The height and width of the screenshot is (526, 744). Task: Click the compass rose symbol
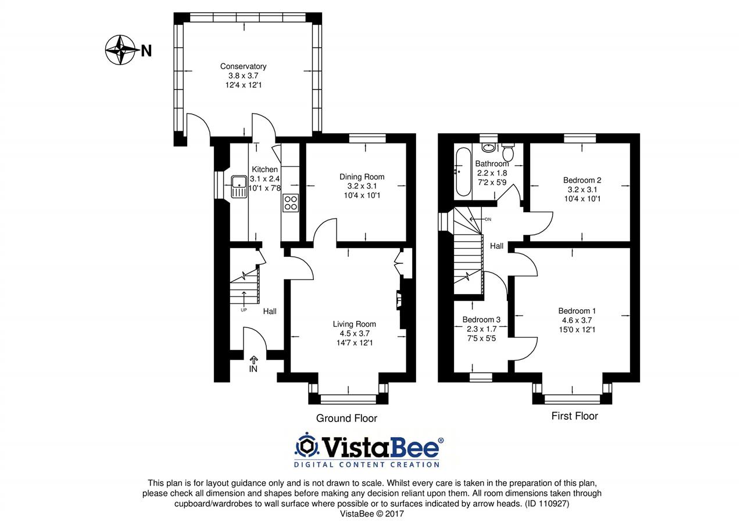coord(120,50)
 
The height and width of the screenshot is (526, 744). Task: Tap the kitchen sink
coord(239,187)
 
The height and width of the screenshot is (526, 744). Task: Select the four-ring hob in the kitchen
coord(291,203)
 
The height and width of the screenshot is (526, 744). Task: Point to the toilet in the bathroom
coord(508,152)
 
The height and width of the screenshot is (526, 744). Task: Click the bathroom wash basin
coord(489,148)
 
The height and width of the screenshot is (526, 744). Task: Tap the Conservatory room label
coord(244,66)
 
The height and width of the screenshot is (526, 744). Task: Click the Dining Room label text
coord(362,177)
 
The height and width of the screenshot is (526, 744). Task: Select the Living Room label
coord(355,324)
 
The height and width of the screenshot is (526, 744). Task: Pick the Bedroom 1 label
coord(577,311)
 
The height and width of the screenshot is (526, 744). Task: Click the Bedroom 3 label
coord(481,320)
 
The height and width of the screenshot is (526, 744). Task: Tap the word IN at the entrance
coord(253,369)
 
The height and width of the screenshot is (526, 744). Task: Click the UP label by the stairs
coord(244,310)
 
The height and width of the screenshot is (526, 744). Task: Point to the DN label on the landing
coord(488,220)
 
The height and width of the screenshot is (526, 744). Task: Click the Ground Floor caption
coord(346,418)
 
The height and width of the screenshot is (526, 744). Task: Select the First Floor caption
coord(575,416)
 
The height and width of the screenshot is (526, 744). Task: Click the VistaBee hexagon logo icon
coord(306,446)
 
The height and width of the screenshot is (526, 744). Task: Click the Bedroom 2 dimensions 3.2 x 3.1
coord(582,189)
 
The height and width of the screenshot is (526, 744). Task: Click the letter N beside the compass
coord(146,51)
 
